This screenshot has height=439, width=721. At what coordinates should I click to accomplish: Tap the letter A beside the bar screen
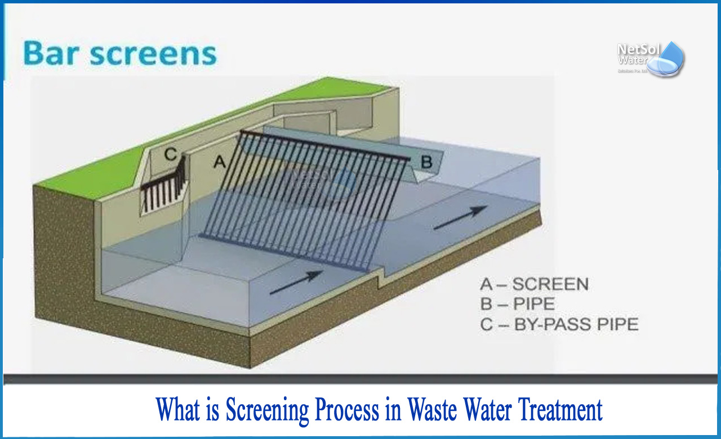coord(220,162)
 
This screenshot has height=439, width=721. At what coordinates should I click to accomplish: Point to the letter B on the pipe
coord(426,162)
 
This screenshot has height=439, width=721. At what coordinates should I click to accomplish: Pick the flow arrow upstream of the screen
coord(296,282)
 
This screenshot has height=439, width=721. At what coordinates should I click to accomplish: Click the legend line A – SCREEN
coord(533,284)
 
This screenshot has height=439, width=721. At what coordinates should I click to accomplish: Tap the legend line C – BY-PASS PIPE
coord(559,325)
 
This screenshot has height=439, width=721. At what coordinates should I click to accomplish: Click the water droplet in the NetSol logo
coord(671,59)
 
